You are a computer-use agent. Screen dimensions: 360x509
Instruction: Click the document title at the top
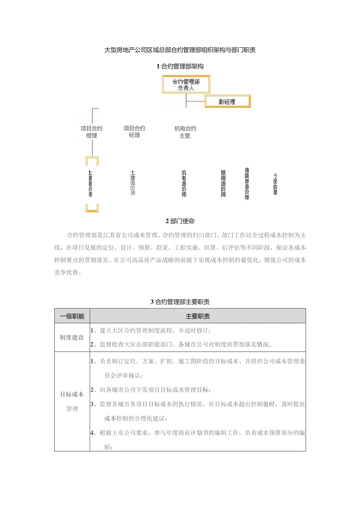[180, 50]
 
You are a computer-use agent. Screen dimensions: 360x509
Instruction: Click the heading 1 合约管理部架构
[180, 66]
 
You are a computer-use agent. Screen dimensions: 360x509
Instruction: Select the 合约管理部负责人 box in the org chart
[186, 85]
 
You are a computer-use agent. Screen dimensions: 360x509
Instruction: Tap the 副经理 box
[228, 102]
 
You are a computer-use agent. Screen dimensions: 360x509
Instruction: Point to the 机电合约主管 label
[185, 132]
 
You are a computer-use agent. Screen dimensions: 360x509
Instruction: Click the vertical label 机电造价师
[184, 183]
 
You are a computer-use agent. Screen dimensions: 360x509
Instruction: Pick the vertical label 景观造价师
[223, 183]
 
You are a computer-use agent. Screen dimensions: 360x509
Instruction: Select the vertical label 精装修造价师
[247, 184]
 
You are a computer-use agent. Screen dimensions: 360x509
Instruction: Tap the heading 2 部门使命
[180, 221]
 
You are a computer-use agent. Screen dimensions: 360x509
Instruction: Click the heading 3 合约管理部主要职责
[180, 302]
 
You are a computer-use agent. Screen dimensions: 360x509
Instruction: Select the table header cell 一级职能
[72, 316]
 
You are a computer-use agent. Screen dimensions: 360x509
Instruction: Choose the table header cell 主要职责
[198, 316]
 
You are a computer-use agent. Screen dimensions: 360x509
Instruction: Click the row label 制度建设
[72, 337]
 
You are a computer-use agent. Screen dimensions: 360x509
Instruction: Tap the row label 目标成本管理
[72, 401]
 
